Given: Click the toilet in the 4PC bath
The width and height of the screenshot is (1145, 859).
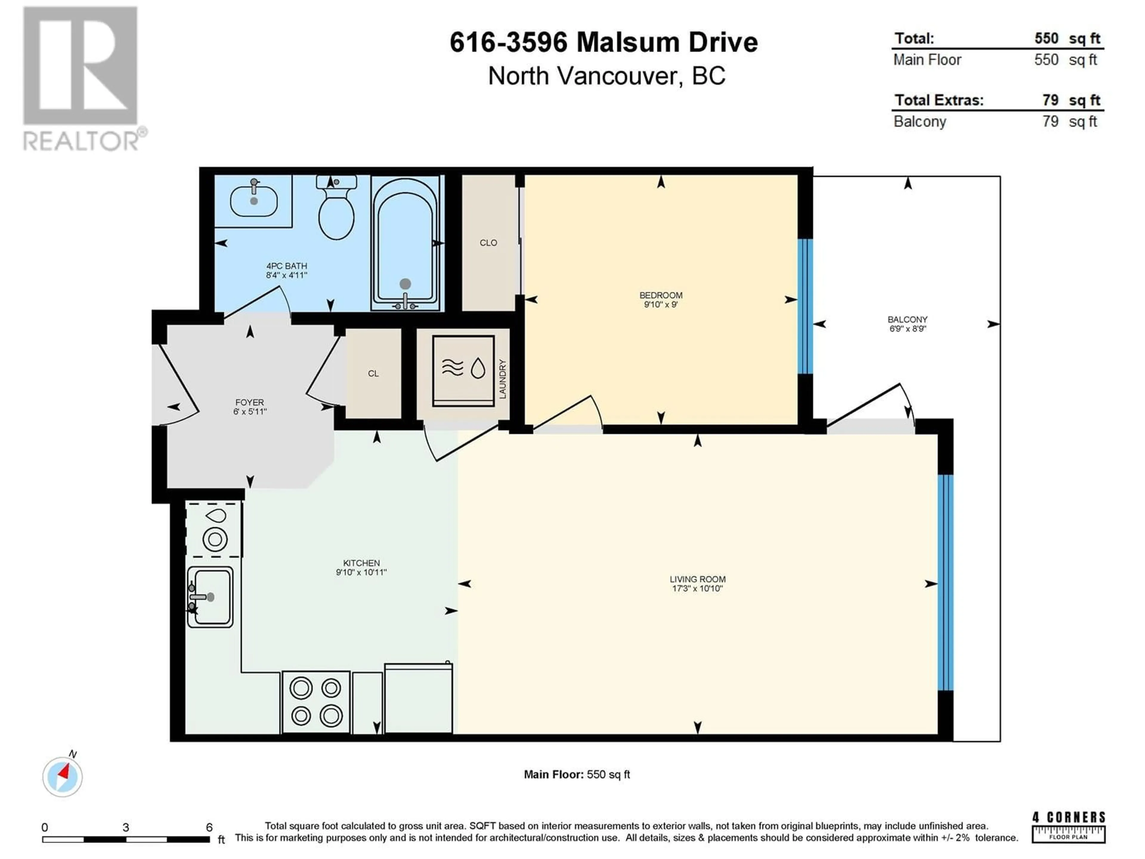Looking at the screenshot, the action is pos(336,207).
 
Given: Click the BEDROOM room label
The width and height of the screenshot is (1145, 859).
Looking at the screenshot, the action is pos(660,295).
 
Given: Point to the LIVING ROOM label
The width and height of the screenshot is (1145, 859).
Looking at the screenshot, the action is pos(697,579).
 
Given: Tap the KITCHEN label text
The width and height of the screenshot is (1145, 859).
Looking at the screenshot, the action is pos(361,563).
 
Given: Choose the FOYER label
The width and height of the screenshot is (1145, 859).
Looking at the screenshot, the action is pos(250,402).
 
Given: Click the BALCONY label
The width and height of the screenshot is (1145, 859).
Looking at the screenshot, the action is pos(907,319).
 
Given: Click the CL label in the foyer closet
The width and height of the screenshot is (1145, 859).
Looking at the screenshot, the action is pos(373,373).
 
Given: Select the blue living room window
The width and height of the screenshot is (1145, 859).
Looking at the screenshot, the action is pos(945,583).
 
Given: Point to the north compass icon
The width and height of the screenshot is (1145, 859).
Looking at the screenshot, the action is pos(62,776).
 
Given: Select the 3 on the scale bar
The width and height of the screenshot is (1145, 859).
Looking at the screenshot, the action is pos(126,827).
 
